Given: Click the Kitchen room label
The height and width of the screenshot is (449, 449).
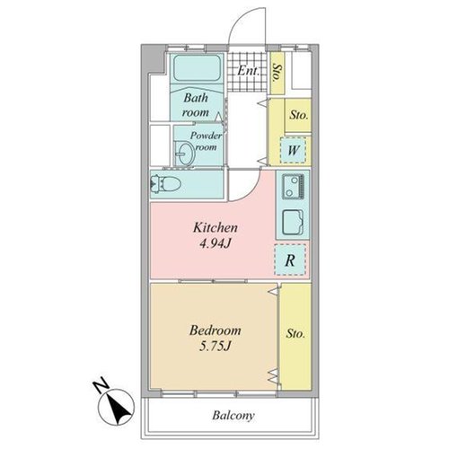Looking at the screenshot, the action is (216, 227).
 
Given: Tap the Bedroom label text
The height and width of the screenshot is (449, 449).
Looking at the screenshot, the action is (216, 330).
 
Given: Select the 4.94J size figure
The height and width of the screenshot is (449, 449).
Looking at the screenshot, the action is (216, 244).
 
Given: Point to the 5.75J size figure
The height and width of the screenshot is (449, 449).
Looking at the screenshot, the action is (216, 347).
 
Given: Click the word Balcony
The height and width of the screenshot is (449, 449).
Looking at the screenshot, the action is (233, 416).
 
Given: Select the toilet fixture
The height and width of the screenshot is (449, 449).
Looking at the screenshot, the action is (165, 184).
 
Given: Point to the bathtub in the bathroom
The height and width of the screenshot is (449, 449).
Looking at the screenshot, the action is (197, 68).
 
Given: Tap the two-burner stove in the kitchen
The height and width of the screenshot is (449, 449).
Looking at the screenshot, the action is (293, 187).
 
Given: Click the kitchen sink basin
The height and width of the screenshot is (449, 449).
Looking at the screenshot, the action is (293, 222).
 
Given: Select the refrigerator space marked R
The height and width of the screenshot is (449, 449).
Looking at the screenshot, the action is (290, 260).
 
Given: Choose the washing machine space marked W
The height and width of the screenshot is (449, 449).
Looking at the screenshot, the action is (293, 150).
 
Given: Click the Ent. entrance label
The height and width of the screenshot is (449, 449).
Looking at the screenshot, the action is (248, 71).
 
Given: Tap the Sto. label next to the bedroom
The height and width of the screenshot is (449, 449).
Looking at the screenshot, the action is (295, 333).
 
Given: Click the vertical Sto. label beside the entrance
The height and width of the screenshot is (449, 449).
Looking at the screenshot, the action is (277, 74).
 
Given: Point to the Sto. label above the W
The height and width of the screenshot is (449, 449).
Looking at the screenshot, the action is (298, 115).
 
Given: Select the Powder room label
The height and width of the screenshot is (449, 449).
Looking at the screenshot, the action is (206, 141).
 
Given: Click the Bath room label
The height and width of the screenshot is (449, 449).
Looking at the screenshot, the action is (196, 105).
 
